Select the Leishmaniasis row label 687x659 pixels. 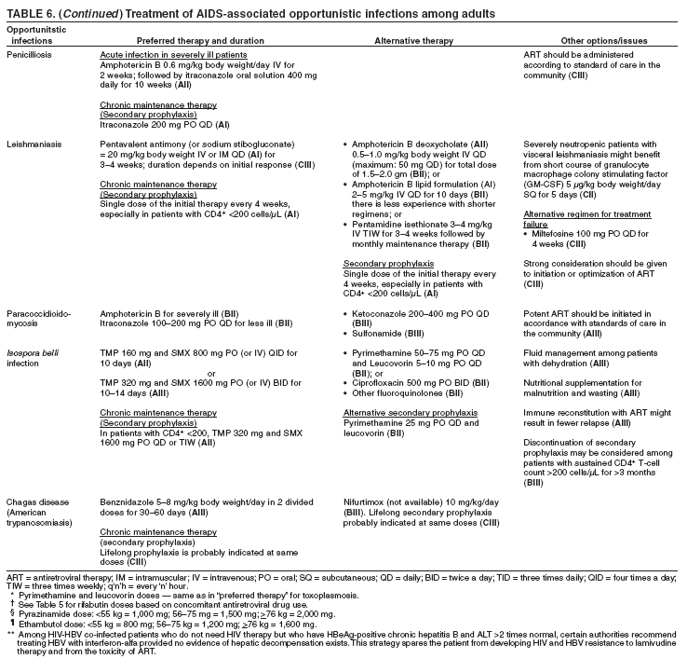(30, 144)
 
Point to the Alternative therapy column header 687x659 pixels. (413, 41)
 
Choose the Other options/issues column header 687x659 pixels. (599, 41)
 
